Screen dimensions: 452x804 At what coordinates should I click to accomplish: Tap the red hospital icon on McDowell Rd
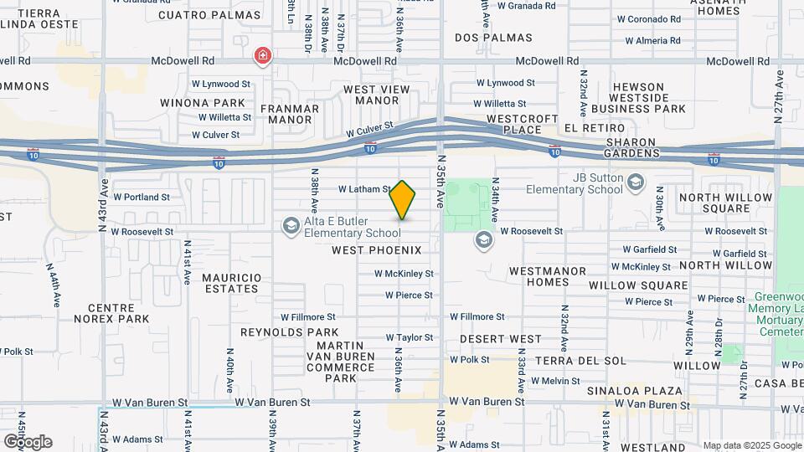pos(263,55)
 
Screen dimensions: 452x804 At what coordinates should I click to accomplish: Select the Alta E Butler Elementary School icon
pos(291,224)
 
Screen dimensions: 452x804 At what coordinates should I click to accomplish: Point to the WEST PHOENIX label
pos(388,250)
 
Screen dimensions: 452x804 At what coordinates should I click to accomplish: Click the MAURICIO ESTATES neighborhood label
pos(230,283)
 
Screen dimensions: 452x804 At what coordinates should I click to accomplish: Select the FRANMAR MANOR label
pos(290,114)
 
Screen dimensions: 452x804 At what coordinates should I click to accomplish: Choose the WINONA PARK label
pos(195,102)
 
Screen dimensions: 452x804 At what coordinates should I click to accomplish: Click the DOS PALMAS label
pos(493,38)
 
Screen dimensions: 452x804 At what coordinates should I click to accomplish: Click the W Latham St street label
pos(364,190)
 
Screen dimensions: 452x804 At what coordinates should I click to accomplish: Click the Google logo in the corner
pos(28,441)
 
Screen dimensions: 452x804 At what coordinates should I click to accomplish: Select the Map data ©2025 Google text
pos(751,445)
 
